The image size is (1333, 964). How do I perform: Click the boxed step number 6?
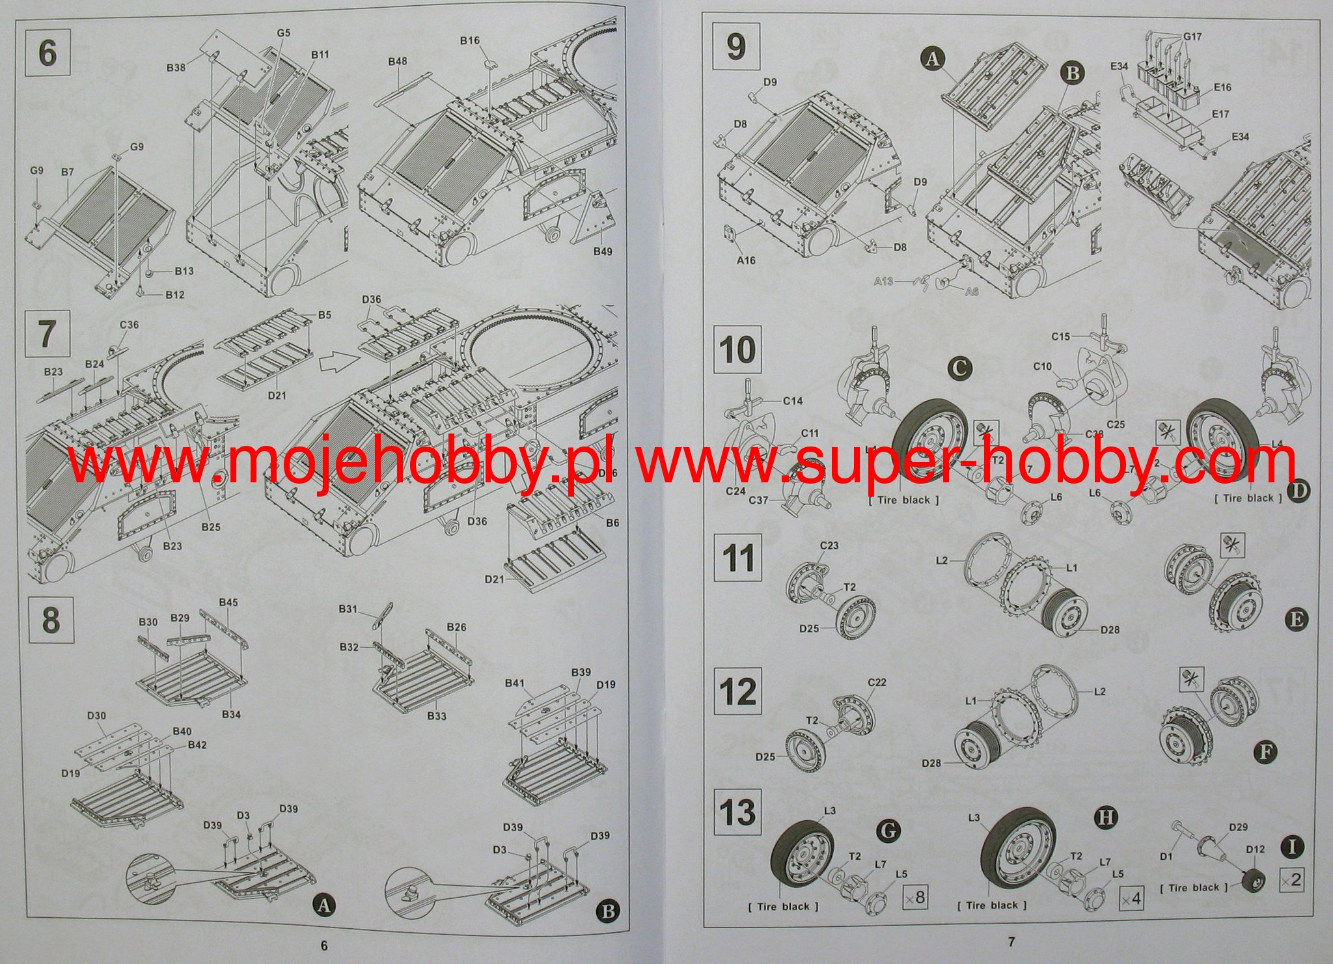(48, 52)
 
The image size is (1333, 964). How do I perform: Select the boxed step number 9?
(736, 48)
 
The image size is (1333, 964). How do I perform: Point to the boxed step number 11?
(738, 558)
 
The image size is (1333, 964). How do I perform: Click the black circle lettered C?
(958, 368)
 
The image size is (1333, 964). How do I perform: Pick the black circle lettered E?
(1296, 618)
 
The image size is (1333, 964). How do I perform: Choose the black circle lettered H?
(1106, 818)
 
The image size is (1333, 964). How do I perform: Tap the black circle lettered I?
(1292, 847)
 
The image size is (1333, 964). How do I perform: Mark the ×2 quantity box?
(1291, 879)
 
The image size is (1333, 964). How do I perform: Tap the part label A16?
(746, 260)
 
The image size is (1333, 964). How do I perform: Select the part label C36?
(129, 325)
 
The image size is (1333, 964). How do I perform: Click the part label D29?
(1220, 827)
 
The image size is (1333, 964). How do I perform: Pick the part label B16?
(469, 40)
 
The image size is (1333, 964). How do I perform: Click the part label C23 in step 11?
(829, 546)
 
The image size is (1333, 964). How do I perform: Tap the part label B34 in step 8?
(231, 714)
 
